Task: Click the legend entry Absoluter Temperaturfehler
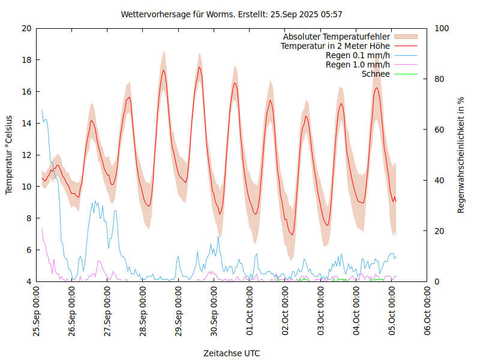click(337, 37)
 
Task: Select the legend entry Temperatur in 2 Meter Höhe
click(335, 46)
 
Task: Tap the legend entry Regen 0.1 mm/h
click(358, 55)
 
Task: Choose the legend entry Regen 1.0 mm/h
click(358, 64)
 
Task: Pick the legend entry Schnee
click(376, 74)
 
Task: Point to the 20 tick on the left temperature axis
click(26, 28)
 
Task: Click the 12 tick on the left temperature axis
click(26, 155)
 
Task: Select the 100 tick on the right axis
click(442, 28)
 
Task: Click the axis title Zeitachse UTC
click(232, 353)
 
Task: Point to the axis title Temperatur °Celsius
click(9, 154)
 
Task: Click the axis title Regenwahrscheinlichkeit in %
click(461, 155)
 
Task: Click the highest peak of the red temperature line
click(199, 67)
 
